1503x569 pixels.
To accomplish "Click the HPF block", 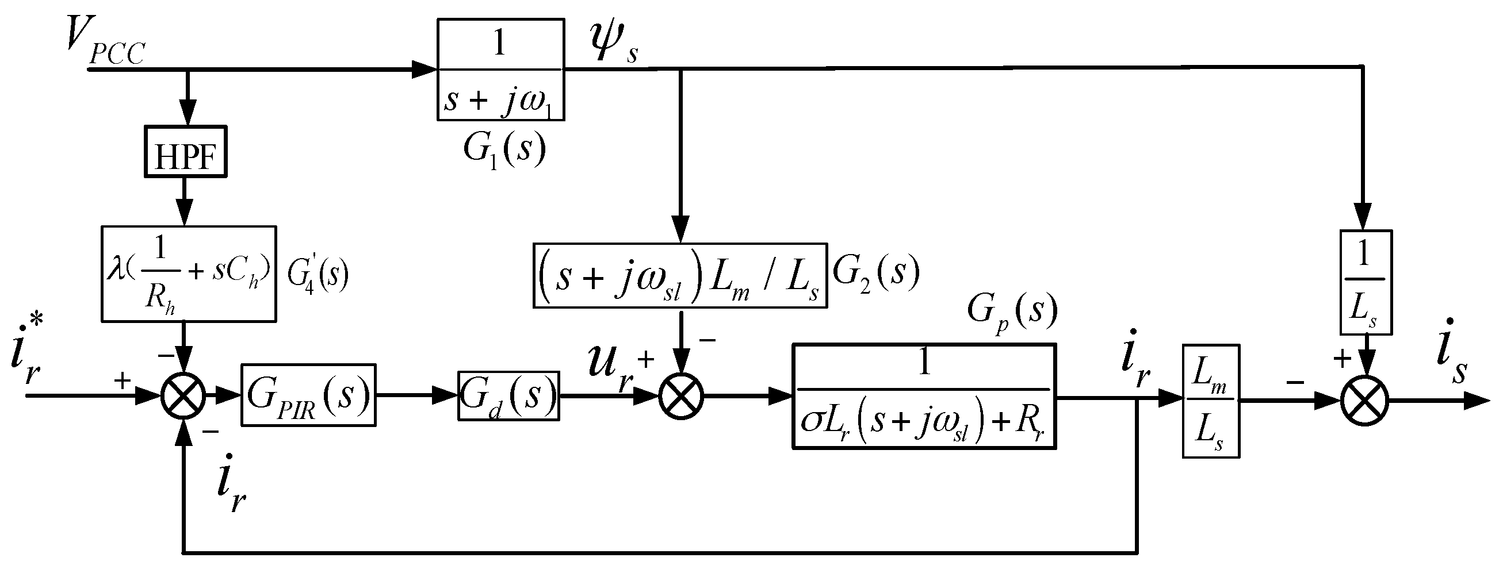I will (186, 152).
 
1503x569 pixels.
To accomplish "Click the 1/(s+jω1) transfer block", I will (500, 70).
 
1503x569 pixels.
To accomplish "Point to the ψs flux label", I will (613, 44).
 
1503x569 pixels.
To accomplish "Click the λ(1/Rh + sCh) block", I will (189, 274).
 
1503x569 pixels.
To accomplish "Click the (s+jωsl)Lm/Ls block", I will (680, 275).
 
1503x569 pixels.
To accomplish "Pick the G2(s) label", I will (875, 273).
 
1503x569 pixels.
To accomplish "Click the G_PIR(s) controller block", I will (308, 395).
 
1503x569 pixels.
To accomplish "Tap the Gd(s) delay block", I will (508, 396).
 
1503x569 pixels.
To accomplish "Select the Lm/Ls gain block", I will (1211, 401).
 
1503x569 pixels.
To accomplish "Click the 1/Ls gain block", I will (1366, 282).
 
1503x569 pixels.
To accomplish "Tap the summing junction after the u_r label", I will (681, 397).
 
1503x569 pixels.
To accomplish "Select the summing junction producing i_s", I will (1365, 401).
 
